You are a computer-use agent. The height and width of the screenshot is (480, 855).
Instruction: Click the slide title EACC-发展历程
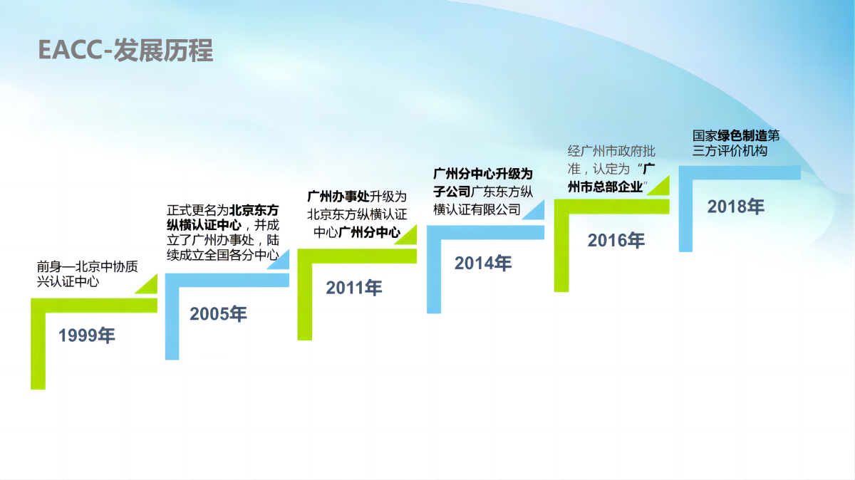(x=125, y=51)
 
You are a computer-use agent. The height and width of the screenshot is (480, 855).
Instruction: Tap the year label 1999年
(x=87, y=335)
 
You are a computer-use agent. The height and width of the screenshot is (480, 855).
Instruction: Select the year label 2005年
(x=218, y=314)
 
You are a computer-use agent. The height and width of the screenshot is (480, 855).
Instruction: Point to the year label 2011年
(x=354, y=288)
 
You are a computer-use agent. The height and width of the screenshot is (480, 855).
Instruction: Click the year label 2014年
(x=483, y=264)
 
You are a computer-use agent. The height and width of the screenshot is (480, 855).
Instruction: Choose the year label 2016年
(x=616, y=241)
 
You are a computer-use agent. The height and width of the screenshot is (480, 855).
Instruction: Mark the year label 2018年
(x=736, y=207)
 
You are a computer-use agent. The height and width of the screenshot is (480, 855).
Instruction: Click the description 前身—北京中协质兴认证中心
(x=87, y=274)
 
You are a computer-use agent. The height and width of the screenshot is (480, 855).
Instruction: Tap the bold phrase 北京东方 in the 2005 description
(x=254, y=210)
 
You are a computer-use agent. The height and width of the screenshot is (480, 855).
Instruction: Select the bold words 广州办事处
(x=338, y=197)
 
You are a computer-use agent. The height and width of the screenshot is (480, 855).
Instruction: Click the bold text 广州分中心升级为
(x=483, y=174)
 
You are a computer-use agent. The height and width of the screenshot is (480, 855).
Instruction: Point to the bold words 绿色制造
(x=742, y=135)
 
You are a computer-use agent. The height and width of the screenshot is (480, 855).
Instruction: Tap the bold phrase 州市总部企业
(x=605, y=187)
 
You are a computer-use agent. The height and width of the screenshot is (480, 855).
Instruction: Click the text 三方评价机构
(x=730, y=151)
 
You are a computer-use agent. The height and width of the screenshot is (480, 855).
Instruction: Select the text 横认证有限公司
(x=477, y=209)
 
